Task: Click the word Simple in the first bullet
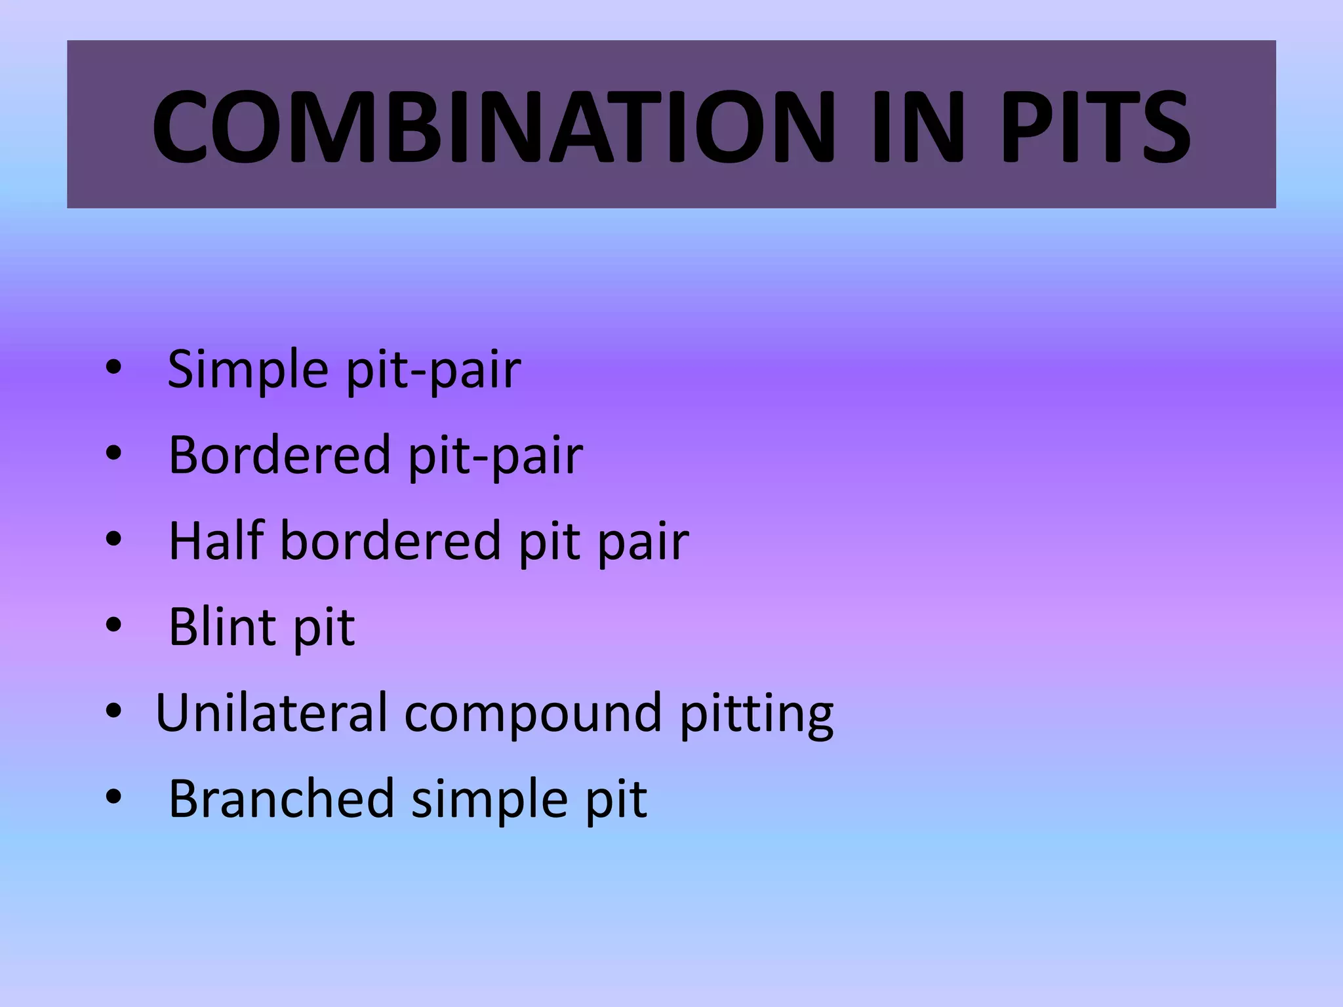(x=247, y=369)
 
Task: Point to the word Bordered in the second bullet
(x=279, y=455)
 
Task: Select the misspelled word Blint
(x=222, y=627)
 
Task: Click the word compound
(x=532, y=713)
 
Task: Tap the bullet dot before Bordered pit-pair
(x=113, y=453)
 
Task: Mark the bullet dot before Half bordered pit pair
(x=113, y=540)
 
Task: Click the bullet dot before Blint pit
(x=113, y=625)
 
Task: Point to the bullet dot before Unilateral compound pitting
(x=113, y=711)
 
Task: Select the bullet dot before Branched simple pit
(x=113, y=797)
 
